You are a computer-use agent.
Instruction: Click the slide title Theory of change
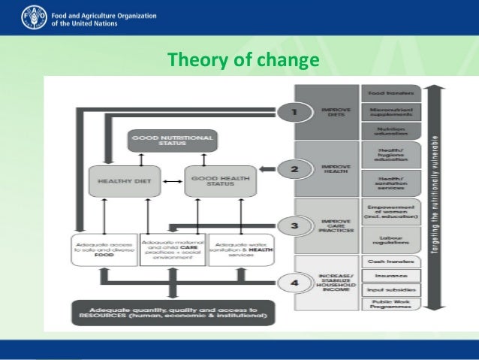coord(243,59)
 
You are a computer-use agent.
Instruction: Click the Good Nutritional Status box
coord(172,140)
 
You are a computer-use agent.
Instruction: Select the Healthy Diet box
coord(124,180)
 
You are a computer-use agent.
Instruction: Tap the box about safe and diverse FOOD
coord(105,249)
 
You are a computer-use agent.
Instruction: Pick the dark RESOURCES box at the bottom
coord(173,312)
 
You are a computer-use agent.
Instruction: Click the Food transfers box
coord(390,93)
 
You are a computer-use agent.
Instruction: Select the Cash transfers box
coord(390,262)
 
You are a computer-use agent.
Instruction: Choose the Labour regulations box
coord(390,238)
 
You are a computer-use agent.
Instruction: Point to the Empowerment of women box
coord(390,211)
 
